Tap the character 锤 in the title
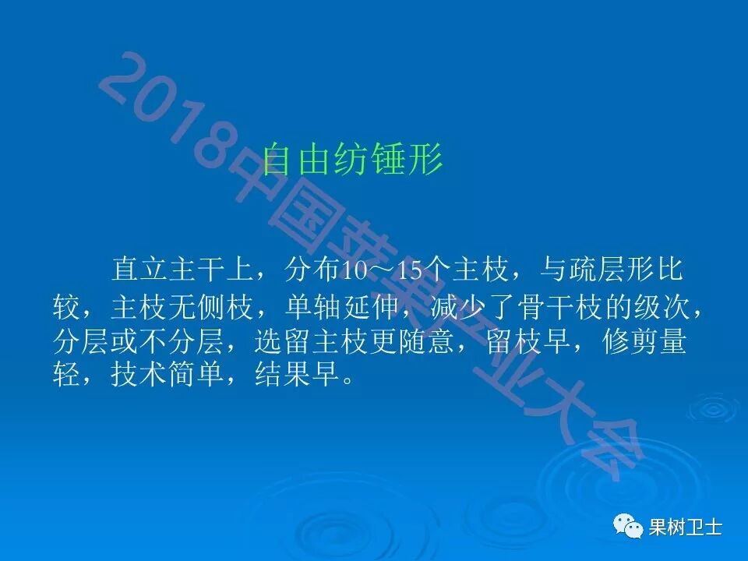(x=389, y=159)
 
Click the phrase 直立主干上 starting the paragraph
(x=182, y=272)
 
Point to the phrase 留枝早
(x=517, y=343)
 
